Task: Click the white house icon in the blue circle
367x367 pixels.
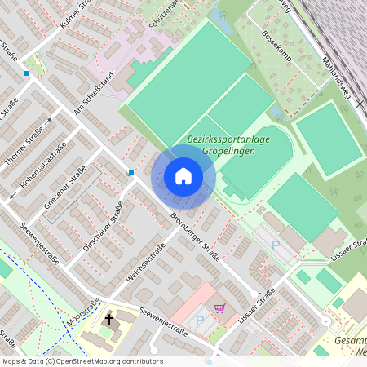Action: pos(183,175)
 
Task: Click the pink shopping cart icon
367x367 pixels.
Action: pos(219,308)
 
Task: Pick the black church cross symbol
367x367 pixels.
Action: pos(108,319)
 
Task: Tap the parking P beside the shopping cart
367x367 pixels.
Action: pos(201,320)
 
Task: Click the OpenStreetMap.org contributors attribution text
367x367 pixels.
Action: pos(106,361)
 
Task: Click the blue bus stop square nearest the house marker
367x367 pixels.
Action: pos(130,172)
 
